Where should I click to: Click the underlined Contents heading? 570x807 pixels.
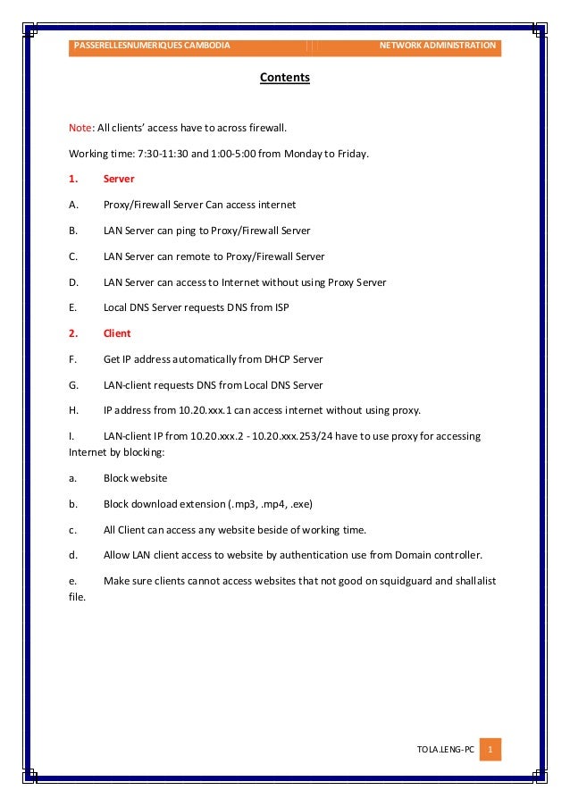tap(284, 78)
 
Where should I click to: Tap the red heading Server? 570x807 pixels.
tap(119, 179)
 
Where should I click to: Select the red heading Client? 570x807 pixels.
tap(117, 333)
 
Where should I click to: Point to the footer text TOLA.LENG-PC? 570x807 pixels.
tap(445, 749)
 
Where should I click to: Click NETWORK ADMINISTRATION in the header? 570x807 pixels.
tap(437, 45)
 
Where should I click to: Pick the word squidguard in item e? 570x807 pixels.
tap(405, 581)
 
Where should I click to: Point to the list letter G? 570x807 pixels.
tap(72, 385)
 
